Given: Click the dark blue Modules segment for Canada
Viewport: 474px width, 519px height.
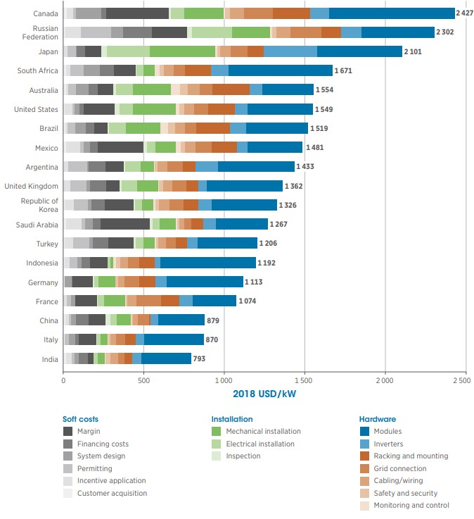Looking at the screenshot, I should coord(392,13).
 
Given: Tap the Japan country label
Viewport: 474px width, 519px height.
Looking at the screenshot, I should coord(48,51).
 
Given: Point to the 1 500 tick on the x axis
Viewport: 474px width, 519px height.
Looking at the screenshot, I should coord(304,380).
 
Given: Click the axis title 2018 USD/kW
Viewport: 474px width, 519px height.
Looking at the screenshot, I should coord(264,394).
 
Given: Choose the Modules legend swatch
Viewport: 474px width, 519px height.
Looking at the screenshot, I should coord(364,431).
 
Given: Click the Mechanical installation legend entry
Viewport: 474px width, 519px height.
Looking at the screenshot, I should coord(263,431).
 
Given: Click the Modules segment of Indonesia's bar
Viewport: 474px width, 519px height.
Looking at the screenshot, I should coord(207,263).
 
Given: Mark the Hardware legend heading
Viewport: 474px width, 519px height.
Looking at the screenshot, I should coord(377,418).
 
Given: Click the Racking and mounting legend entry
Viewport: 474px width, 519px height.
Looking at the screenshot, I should coord(411,456).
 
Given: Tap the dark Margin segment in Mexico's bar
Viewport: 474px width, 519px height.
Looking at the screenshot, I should coord(120,147).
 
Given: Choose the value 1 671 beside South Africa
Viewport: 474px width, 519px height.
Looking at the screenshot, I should coord(343,71).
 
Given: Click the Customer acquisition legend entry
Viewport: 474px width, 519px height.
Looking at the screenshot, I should coord(113,494).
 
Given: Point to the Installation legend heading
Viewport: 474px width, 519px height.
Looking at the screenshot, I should coord(232,418).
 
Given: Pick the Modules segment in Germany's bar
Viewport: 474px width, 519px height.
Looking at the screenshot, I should coord(204,282).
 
